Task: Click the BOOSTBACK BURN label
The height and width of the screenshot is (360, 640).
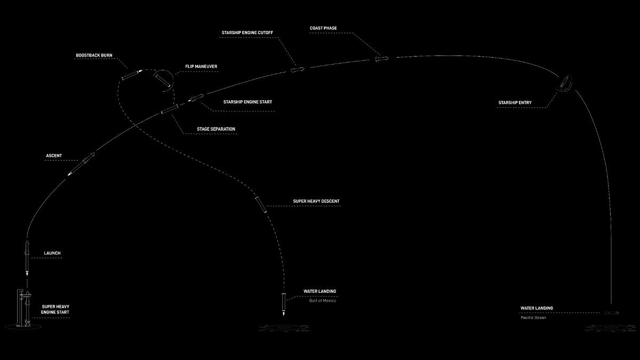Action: tap(94, 55)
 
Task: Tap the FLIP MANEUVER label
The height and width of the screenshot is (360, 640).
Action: tap(201, 67)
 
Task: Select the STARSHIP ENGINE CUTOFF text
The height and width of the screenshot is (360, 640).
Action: tap(247, 33)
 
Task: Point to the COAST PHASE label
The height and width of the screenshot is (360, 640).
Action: tap(323, 28)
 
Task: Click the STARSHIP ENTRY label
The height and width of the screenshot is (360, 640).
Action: tap(515, 102)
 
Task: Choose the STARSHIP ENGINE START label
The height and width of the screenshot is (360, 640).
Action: tap(247, 102)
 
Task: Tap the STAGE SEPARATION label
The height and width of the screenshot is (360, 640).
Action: tap(216, 129)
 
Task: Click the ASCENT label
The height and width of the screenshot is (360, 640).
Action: tap(54, 156)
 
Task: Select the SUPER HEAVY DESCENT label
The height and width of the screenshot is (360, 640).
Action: tap(316, 201)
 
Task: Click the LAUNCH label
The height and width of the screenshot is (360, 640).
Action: tap(52, 253)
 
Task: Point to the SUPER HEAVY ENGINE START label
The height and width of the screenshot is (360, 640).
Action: tap(55, 309)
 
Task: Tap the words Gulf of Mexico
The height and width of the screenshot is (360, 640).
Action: tap(323, 301)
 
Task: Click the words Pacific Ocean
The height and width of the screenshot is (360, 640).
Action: tap(533, 317)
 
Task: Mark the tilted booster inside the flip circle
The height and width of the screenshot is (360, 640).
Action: tap(163, 81)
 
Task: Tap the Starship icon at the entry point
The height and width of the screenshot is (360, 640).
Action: tap(564, 83)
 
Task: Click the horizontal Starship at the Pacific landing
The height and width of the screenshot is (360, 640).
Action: tap(612, 313)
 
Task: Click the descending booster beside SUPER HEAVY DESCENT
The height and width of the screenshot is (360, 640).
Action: tap(261, 204)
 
